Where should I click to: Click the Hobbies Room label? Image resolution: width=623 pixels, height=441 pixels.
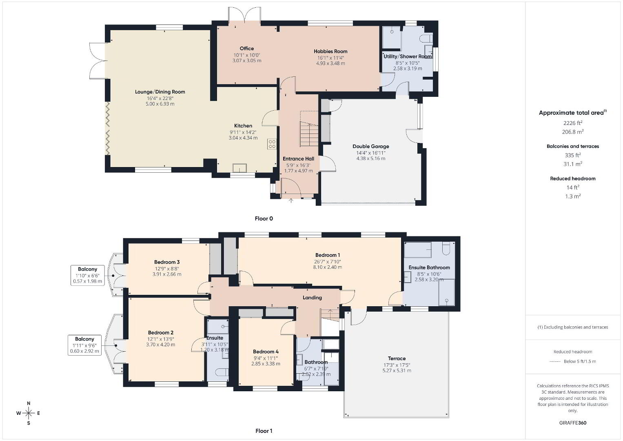point(330,51)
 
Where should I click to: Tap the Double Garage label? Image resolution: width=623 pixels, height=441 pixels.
point(371,147)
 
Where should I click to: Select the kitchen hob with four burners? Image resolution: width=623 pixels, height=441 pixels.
point(272,144)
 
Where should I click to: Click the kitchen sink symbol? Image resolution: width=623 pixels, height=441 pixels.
point(240,168)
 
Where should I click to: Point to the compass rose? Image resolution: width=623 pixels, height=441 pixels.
point(29,413)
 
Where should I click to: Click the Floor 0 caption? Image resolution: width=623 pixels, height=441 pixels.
point(264,218)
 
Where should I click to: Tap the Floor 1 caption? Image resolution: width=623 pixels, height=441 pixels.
point(264,431)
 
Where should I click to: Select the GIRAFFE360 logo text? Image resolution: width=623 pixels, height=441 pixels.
point(573,423)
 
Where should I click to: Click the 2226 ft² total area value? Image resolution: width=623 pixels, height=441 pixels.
point(573,123)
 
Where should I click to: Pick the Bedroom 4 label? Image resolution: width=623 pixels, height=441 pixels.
point(266,352)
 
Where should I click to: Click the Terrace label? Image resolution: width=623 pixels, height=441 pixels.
point(397,359)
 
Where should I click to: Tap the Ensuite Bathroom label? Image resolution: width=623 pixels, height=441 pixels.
point(429,267)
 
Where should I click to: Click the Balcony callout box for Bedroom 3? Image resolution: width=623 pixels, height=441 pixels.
point(87,276)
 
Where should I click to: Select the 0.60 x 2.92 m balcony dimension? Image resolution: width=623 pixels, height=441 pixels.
point(84,351)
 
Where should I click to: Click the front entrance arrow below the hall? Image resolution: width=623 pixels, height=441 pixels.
point(291,200)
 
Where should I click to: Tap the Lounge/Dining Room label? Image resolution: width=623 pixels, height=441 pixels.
point(160,92)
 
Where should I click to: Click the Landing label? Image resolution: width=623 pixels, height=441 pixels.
point(312,298)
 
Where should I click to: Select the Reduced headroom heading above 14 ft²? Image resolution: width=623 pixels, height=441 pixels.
point(573,178)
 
